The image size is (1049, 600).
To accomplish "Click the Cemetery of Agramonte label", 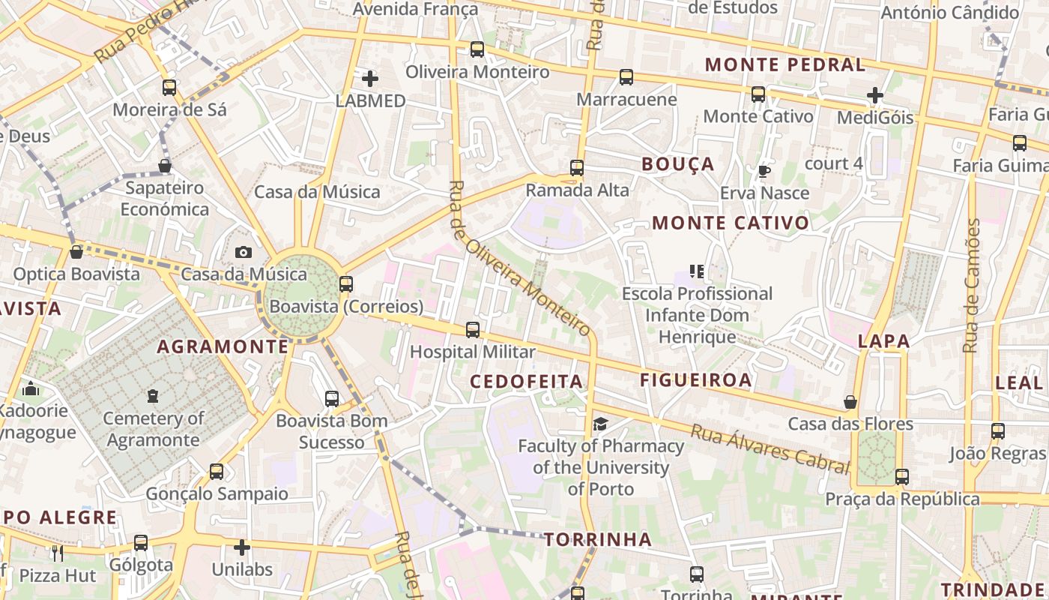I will [x=154, y=429].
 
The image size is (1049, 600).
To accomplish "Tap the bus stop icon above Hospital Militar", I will [x=473, y=329].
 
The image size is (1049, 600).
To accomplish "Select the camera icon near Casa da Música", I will [x=243, y=253].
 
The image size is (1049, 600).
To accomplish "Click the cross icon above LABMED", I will [x=369, y=78].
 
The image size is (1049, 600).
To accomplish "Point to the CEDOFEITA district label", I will [x=526, y=382].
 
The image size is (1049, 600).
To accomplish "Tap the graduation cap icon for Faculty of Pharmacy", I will [x=600, y=425].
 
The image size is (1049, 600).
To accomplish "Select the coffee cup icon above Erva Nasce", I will [x=764, y=171].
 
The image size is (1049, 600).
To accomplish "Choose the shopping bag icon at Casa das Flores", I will [x=850, y=403].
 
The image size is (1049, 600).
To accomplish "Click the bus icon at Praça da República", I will [x=902, y=477].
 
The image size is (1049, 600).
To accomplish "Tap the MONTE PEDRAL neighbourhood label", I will [x=785, y=64].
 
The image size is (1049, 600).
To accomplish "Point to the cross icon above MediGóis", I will [x=874, y=95].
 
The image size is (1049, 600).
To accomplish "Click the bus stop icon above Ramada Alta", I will [x=576, y=168].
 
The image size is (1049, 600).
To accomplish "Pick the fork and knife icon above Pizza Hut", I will [x=58, y=553].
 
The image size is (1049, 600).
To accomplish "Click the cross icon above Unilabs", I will [x=241, y=547].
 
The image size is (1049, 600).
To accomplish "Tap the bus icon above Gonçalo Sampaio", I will [x=217, y=472].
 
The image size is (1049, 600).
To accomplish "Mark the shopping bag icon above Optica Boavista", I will [x=76, y=252].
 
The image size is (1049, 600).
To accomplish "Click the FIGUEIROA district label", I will [x=695, y=380].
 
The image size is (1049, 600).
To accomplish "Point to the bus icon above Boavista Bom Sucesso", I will [x=332, y=399].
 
